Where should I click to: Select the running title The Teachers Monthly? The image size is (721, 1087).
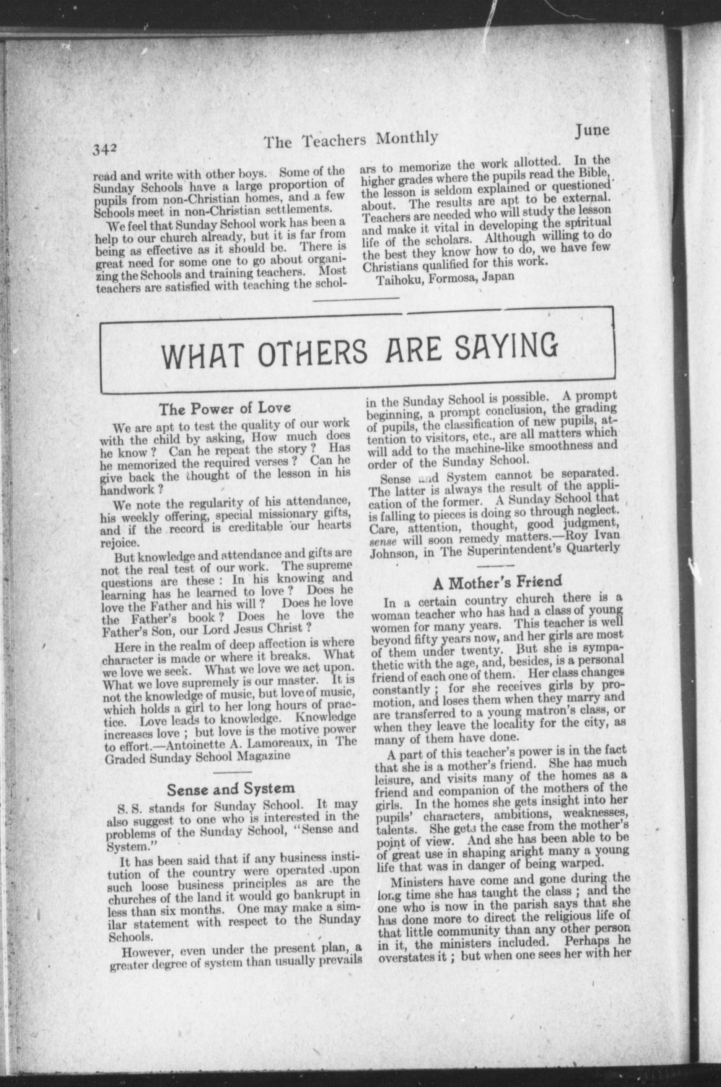point(351,139)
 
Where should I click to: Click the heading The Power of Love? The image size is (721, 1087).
point(225,408)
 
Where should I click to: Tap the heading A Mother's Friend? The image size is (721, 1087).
point(498,582)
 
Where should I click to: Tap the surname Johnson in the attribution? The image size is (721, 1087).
point(392,553)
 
